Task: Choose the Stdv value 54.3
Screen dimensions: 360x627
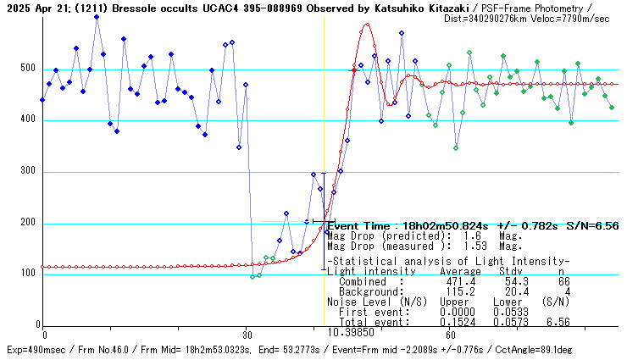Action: (504, 281)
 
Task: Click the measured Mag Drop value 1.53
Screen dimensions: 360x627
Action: (476, 246)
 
